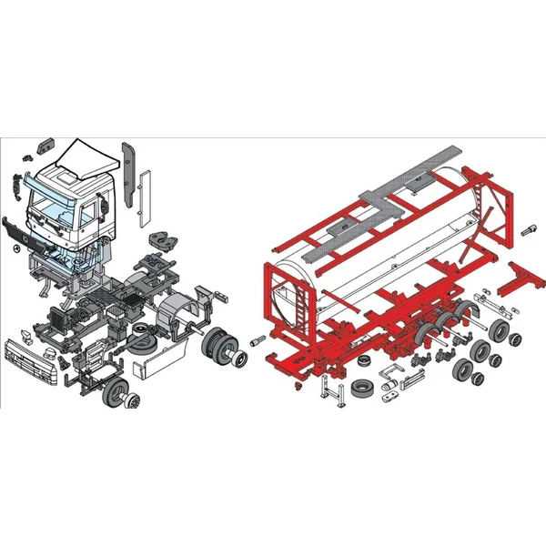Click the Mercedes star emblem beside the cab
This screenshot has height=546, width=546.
coord(15,245)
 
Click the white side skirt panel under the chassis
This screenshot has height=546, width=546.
coord(153,364)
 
